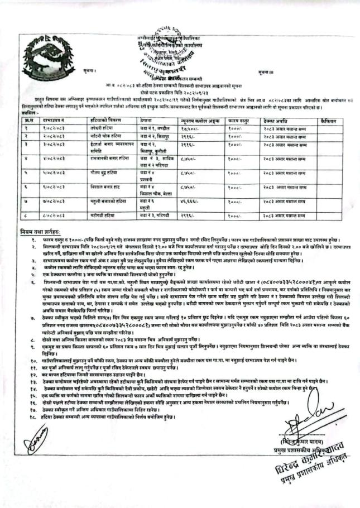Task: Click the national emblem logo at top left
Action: pyautogui.click(x=25, y=51)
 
